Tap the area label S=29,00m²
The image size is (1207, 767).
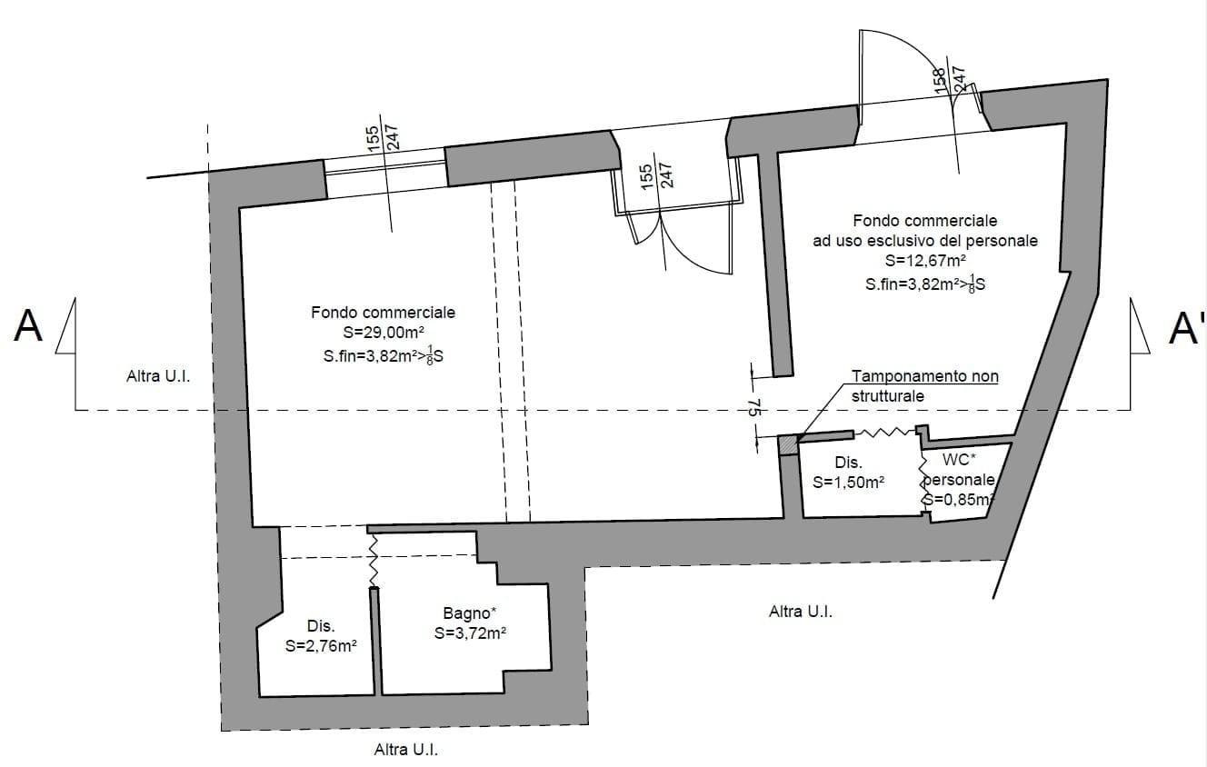[383, 334]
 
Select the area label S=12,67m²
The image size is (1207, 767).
[924, 263]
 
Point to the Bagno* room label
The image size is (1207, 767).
[470, 613]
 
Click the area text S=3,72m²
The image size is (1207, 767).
[470, 633]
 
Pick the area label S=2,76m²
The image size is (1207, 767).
[320, 647]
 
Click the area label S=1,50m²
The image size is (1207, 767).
[848, 483]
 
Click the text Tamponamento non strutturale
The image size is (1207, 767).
[924, 386]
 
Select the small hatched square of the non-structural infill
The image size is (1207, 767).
[788, 445]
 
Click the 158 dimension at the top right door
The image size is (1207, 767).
[940, 79]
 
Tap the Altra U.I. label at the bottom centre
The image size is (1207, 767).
[412, 751]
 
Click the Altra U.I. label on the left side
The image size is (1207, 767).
[158, 376]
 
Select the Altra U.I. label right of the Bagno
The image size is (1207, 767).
[800, 612]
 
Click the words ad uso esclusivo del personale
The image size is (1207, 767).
[924, 242]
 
